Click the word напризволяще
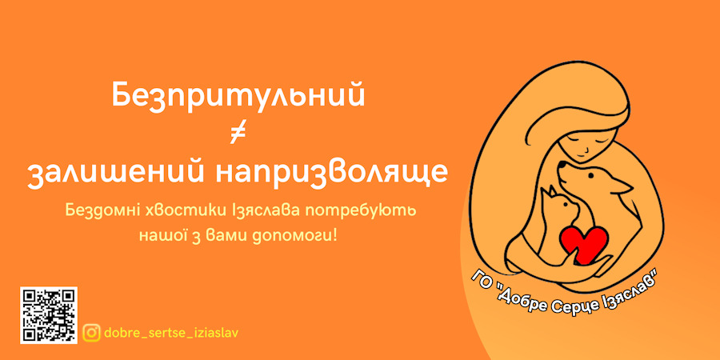point(331,175)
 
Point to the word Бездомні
point(96,211)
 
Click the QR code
point(49,315)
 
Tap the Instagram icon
point(92,333)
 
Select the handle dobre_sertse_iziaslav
point(171,333)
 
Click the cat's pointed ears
point(548,191)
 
